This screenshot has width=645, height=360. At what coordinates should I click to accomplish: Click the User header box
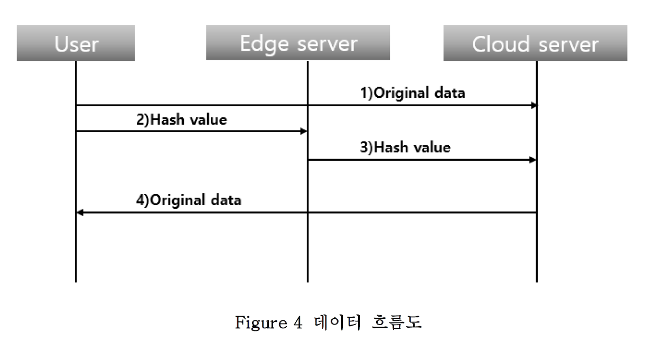point(76,43)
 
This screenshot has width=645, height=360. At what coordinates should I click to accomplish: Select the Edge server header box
point(298,43)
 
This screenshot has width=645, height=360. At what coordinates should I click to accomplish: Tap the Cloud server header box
point(535,43)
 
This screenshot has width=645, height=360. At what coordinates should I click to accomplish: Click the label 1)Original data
point(413,93)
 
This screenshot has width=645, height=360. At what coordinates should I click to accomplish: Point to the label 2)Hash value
point(181,120)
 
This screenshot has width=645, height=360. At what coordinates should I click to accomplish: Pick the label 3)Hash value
point(405,147)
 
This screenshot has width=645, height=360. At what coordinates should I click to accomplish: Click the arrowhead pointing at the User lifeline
point(80,213)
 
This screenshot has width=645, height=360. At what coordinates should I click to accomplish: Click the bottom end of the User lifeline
point(76,280)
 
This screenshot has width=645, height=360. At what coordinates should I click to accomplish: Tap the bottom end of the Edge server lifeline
point(307,280)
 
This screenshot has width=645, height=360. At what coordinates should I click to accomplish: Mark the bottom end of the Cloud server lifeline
point(537,280)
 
